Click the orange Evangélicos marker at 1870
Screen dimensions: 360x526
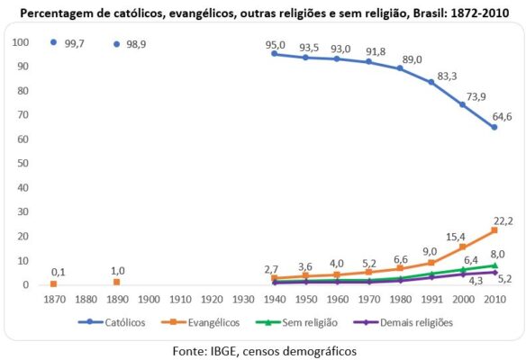[x=53, y=284]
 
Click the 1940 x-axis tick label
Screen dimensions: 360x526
[x=275, y=299]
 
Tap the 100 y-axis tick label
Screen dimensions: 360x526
[x=20, y=42]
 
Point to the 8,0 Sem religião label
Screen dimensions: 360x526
[x=498, y=254]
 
